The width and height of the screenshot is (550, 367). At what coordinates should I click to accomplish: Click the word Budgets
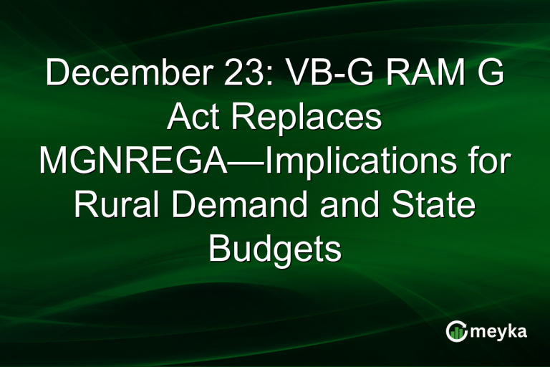click(274, 249)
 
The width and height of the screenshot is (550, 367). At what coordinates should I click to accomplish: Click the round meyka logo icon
click(456, 331)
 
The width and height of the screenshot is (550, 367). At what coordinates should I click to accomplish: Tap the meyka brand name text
click(498, 332)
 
